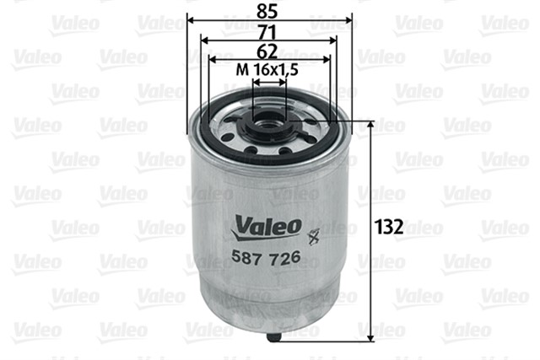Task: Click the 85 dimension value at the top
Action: pyautogui.click(x=267, y=12)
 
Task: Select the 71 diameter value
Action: pyautogui.click(x=267, y=33)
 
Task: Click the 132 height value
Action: pyautogui.click(x=389, y=227)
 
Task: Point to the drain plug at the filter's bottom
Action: pyautogui.click(x=273, y=337)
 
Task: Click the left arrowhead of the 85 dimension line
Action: pyautogui.click(x=191, y=19)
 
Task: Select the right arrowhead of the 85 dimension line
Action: pyautogui.click(x=346, y=19)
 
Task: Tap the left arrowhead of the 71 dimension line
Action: pyautogui.click(x=204, y=39)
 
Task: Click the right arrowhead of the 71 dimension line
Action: pyautogui.click(x=332, y=39)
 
